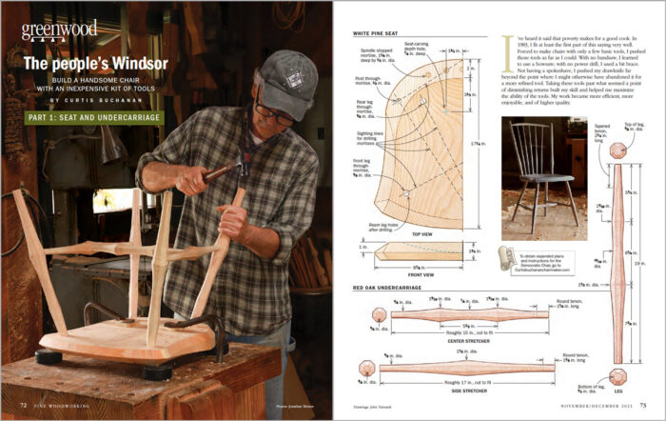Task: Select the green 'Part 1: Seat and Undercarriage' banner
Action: tap(91, 118)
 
